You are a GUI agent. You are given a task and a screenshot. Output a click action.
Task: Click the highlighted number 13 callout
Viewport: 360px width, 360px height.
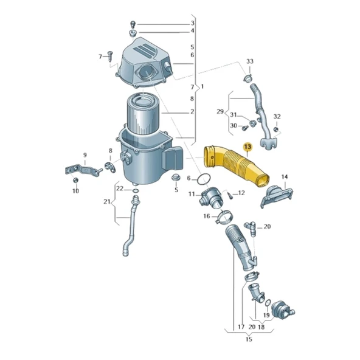pos(247,147)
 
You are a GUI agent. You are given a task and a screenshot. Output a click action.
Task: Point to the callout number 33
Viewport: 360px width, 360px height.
pos(249,62)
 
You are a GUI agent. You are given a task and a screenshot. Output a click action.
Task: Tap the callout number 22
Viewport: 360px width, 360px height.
pos(120,189)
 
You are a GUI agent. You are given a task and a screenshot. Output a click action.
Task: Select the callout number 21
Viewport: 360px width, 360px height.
pos(107,202)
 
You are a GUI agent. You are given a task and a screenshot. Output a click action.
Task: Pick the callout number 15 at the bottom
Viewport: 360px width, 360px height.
pos(248,341)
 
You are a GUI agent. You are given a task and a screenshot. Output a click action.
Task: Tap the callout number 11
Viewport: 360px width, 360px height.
pos(192,194)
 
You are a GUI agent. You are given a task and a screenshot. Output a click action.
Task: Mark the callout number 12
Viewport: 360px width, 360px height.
pos(241,193)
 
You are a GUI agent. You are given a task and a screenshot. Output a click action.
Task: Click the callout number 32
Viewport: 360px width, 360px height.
pos(277,116)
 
